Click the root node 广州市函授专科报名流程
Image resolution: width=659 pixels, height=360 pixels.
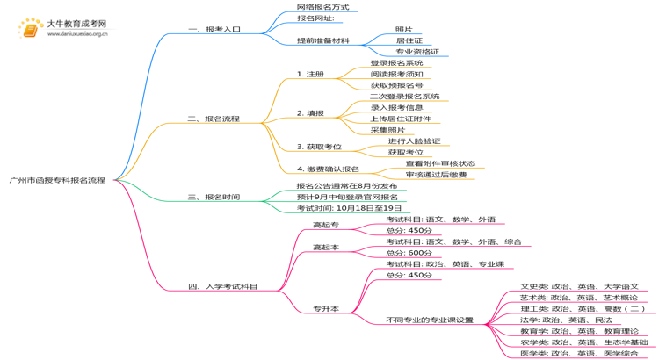56,180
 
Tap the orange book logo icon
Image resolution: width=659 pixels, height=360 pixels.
30,29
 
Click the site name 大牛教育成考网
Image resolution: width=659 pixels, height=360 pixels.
76,24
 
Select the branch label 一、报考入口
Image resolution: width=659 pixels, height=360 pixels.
214,29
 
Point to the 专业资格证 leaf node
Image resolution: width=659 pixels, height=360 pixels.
416,52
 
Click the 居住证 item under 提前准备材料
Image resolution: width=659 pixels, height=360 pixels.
409,40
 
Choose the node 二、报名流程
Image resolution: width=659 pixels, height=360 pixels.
214,119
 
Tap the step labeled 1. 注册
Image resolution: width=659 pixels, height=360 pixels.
310,74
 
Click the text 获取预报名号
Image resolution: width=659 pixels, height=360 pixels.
396,85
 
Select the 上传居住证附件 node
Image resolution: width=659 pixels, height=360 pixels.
400,119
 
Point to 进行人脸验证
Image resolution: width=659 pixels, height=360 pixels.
414,140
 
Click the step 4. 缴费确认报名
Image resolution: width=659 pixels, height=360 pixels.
328,169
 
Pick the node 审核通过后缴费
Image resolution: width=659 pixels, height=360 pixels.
436,175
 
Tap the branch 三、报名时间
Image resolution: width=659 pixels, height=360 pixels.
214,198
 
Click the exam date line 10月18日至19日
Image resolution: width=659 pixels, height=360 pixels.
343,208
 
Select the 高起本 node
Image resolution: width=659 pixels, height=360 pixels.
325,248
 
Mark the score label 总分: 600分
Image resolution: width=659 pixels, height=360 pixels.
409,253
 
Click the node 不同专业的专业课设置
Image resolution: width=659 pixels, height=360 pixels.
429,320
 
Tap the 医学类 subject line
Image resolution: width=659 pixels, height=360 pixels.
579,353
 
